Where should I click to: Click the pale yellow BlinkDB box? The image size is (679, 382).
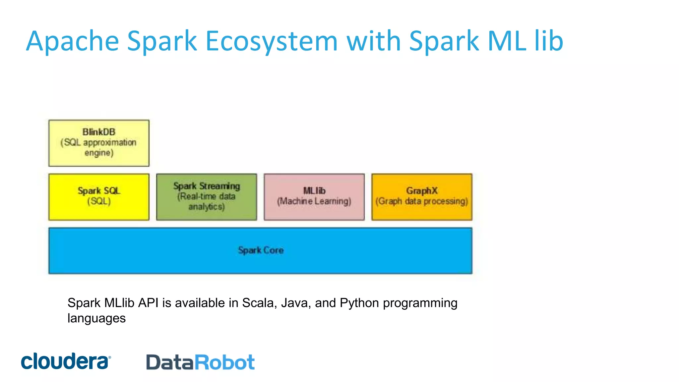point(99,143)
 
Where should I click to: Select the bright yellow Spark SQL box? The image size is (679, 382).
point(99,197)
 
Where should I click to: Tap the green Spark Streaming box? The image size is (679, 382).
point(206,197)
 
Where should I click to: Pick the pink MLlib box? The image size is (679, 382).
point(314,197)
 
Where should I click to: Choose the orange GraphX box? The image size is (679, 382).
point(422,197)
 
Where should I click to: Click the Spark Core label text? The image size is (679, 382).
point(261,250)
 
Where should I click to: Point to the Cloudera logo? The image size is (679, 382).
point(66,361)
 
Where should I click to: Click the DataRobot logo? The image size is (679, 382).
point(200,362)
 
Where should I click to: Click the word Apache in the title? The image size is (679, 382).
point(72,41)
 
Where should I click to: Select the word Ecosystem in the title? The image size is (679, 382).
point(271,41)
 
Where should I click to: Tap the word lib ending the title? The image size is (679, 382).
point(549,41)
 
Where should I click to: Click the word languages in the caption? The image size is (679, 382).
point(96,318)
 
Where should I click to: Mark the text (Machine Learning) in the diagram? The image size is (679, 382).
point(314,201)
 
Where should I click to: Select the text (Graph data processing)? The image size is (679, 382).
point(422,201)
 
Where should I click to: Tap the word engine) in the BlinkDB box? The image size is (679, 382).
point(99,153)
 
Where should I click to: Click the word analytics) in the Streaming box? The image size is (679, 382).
point(206,207)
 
